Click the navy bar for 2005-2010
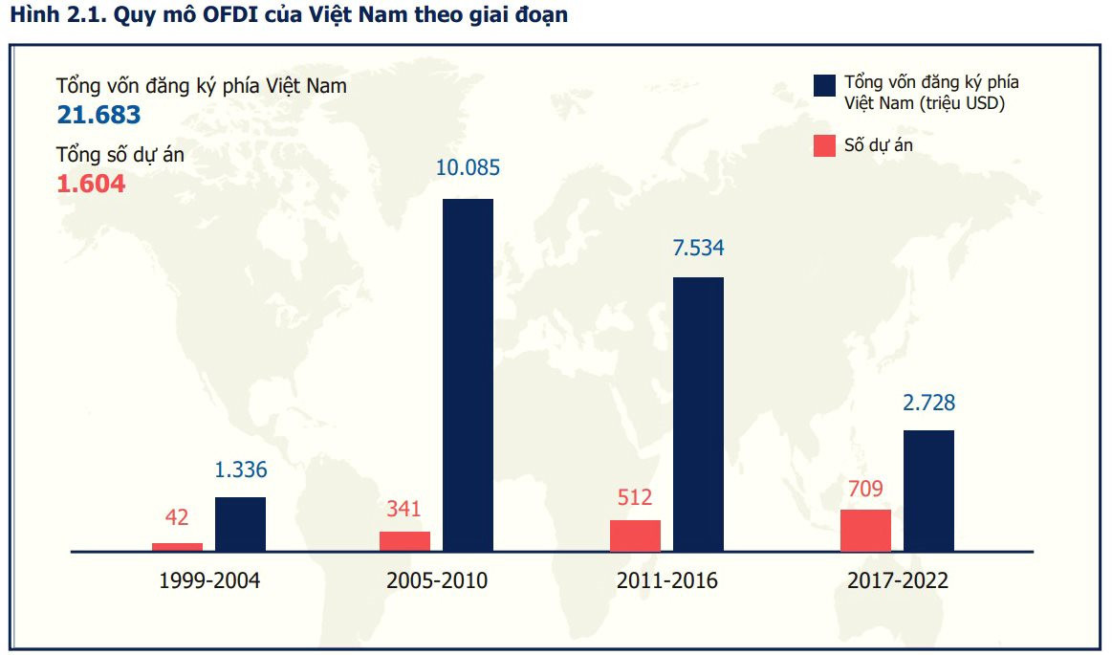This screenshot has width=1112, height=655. tap(468, 375)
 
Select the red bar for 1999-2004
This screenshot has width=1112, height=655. tap(177, 547)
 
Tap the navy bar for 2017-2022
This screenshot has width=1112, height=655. tap(928, 491)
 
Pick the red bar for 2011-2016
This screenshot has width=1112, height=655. tap(635, 535)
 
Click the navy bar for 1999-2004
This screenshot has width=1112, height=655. tap(240, 524)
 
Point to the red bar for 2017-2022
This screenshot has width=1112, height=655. tap(865, 531)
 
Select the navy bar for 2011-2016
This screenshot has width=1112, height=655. tap(698, 414)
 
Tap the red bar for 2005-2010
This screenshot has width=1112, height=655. tap(404, 541)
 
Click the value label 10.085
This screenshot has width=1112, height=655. tap(468, 168)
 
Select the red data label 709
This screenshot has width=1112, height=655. tap(864, 490)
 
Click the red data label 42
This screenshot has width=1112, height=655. tap(177, 518)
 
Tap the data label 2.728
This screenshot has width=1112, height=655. tap(928, 403)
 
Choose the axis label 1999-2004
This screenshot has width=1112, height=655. tap(209, 580)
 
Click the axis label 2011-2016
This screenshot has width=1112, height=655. tap(666, 580)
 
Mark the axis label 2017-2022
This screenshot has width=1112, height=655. tap(898, 580)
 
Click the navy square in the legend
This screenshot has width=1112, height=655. tap(825, 85)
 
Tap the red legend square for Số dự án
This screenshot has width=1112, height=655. tap(825, 146)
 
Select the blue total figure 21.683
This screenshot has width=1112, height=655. tap(98, 116)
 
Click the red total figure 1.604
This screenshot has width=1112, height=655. tap(91, 184)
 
